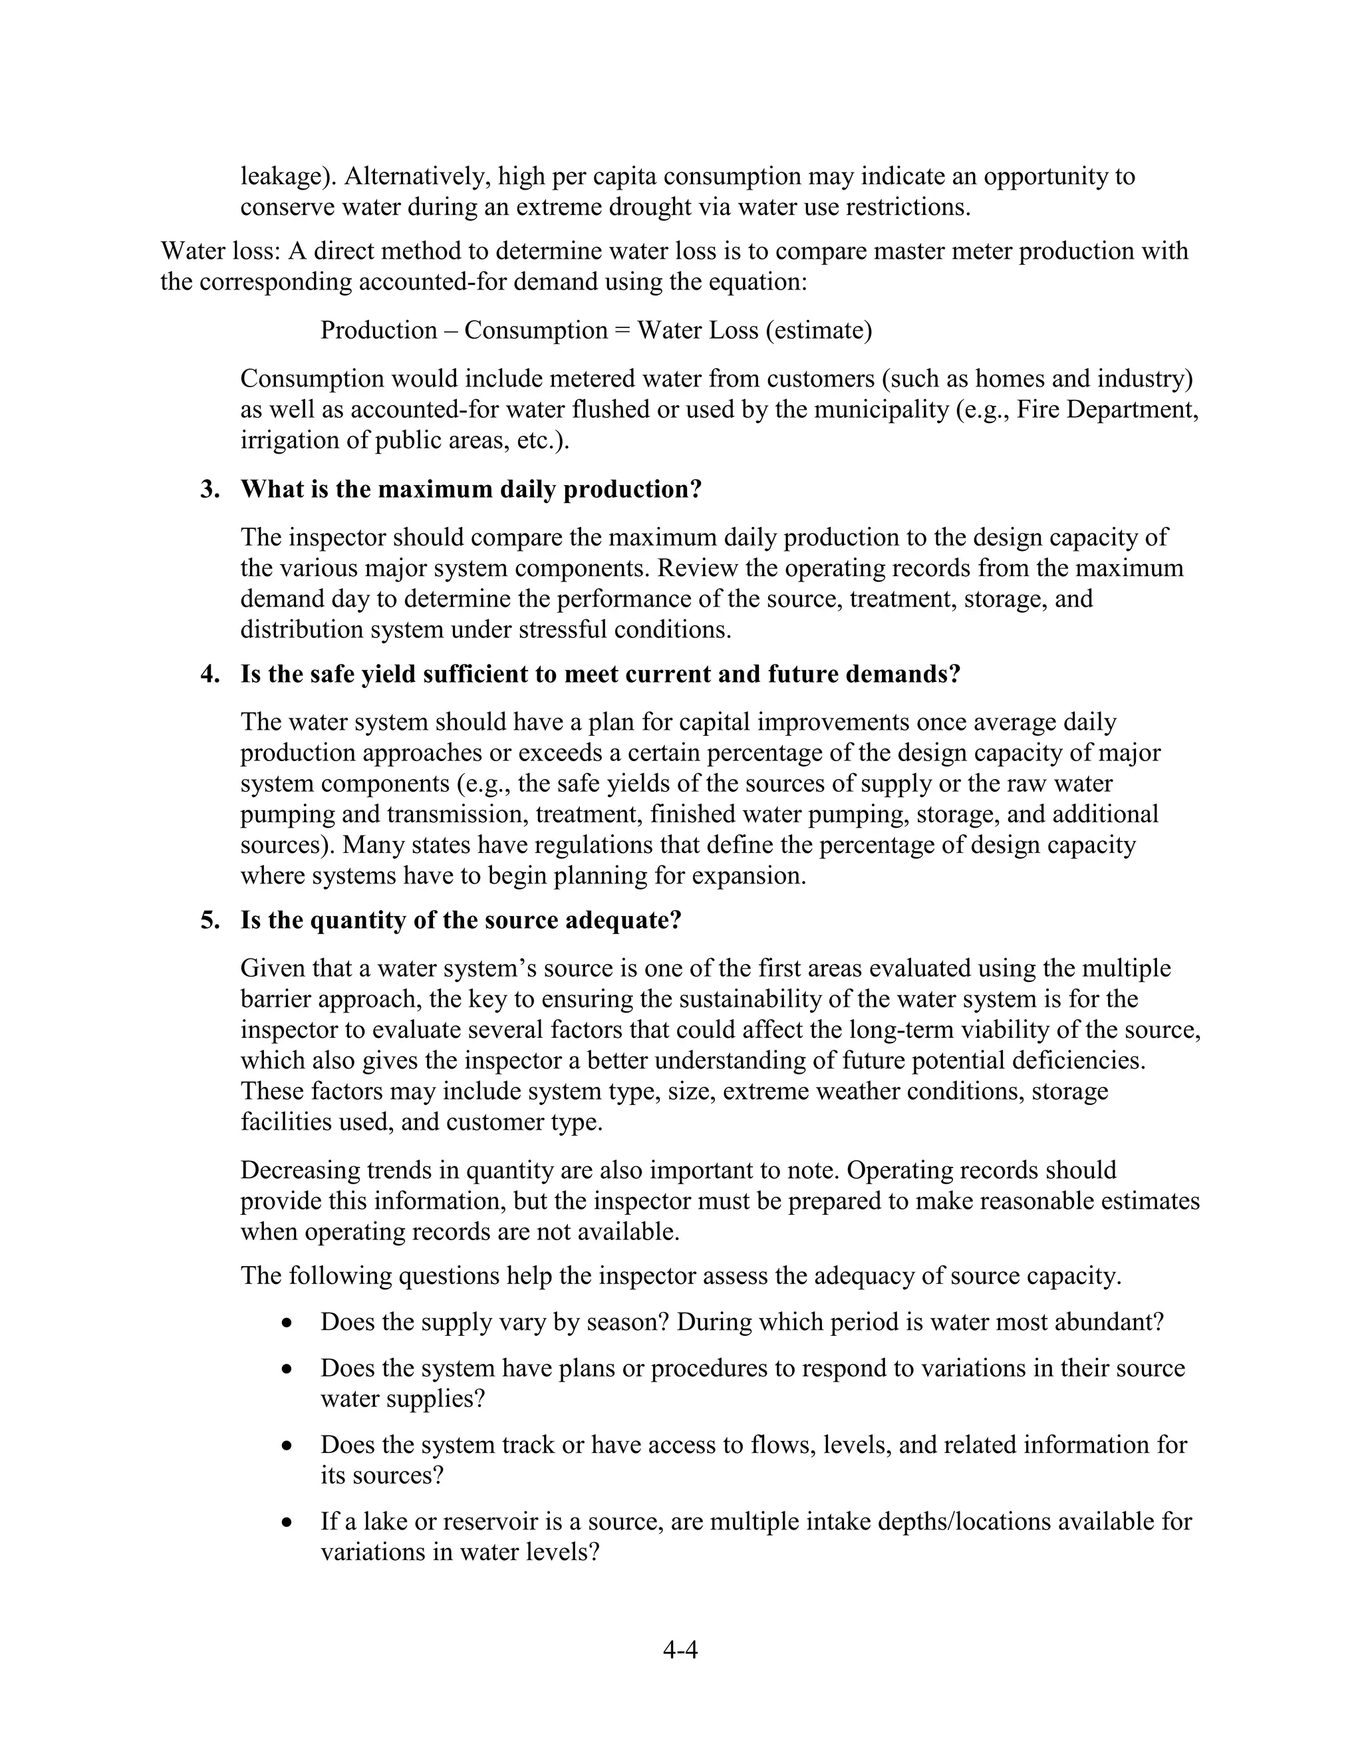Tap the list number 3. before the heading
click(209, 489)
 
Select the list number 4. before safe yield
click(209, 674)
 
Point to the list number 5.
click(209, 920)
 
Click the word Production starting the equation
click(378, 330)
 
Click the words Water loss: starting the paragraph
click(219, 251)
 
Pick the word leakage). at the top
click(288, 176)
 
